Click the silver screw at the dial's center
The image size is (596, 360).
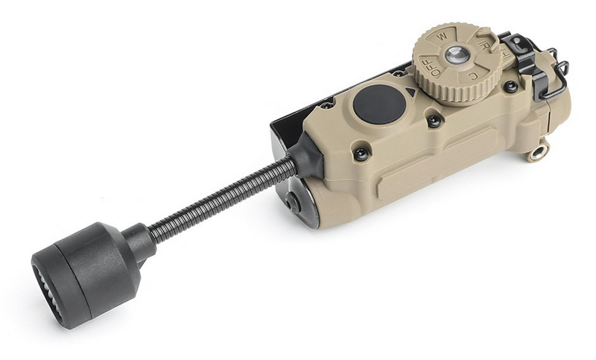(x=457, y=54)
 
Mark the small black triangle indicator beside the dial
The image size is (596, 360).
(x=410, y=92)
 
